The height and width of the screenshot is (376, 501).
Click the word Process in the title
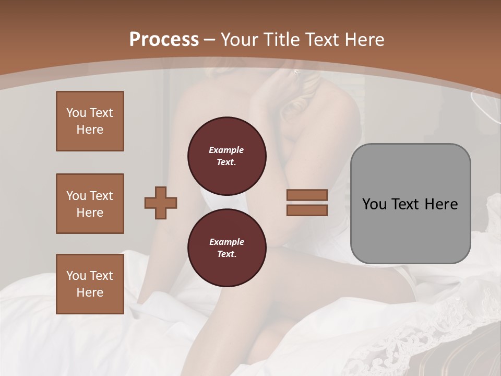coord(164,40)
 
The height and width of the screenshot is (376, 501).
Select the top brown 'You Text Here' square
coord(90,121)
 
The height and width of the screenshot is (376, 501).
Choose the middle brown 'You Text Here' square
coord(90,204)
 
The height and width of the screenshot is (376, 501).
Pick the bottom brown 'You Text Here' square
coord(90,284)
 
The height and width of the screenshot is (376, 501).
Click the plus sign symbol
coord(161,203)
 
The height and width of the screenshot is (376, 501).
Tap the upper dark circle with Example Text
coord(226,156)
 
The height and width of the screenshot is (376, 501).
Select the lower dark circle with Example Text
coord(226,248)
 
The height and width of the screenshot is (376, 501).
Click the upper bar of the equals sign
coord(307,195)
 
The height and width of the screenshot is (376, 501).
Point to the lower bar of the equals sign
coord(307,210)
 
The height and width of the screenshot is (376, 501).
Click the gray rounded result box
coord(410,204)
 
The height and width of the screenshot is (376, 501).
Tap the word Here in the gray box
coord(441,204)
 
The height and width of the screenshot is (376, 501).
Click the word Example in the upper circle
coord(226,150)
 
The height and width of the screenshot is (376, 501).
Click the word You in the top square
coord(76,113)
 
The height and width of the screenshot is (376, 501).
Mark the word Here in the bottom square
coord(90,292)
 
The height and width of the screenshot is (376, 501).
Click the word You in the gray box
coord(374,204)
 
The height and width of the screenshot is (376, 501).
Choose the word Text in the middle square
coord(101,196)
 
